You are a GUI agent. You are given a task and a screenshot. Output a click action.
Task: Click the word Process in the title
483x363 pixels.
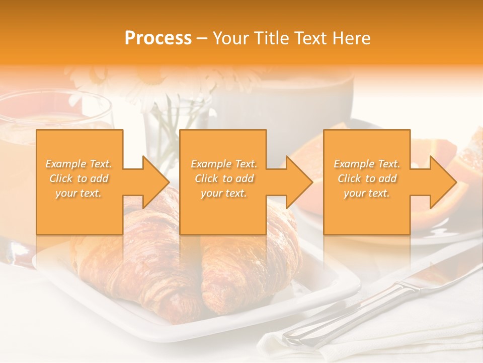[158, 38]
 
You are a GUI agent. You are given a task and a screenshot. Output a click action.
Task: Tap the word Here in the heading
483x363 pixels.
[352, 38]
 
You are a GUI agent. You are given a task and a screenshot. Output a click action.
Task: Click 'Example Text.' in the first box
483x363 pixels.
[79, 164]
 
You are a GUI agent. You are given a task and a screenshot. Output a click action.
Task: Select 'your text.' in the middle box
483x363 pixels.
[223, 193]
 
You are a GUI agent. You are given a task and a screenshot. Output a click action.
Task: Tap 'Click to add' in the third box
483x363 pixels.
[367, 178]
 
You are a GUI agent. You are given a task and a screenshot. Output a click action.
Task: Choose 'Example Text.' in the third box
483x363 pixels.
[367, 164]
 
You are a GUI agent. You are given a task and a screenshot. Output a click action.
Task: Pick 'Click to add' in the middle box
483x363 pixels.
[223, 178]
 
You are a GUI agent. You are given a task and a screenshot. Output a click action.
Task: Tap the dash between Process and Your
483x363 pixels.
[202, 39]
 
